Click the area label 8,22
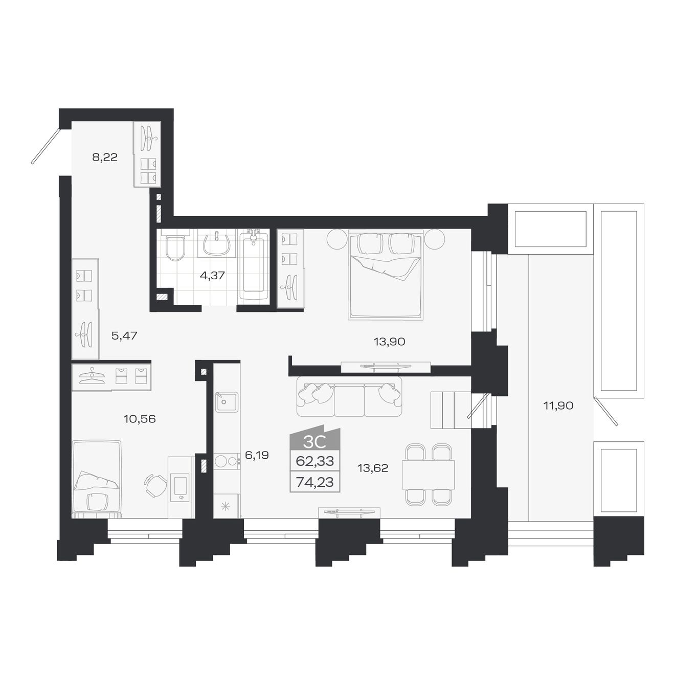click(105, 157)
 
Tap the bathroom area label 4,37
click(212, 275)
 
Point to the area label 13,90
click(389, 342)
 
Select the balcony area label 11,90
click(558, 406)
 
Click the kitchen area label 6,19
click(257, 455)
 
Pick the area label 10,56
click(140, 419)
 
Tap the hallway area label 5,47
click(124, 336)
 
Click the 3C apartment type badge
click(314, 441)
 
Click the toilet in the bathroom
click(175, 247)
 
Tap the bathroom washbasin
click(217, 244)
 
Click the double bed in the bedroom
click(386, 275)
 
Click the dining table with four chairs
click(428, 475)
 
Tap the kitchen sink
click(226, 402)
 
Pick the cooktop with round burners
click(226, 461)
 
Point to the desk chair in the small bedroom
click(155, 485)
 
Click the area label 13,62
click(372, 468)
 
